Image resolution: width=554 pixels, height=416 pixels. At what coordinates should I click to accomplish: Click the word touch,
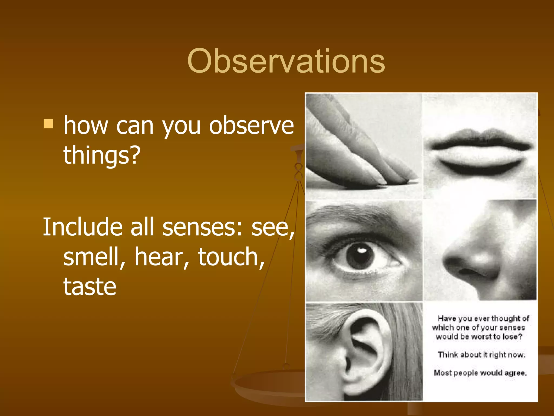(x=231, y=257)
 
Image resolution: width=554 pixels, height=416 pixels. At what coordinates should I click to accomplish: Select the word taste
(x=90, y=287)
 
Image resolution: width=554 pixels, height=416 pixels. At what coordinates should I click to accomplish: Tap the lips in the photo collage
(x=480, y=152)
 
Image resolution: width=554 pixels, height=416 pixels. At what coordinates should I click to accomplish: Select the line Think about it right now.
(x=481, y=355)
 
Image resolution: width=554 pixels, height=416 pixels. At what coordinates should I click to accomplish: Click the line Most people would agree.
(x=480, y=373)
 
